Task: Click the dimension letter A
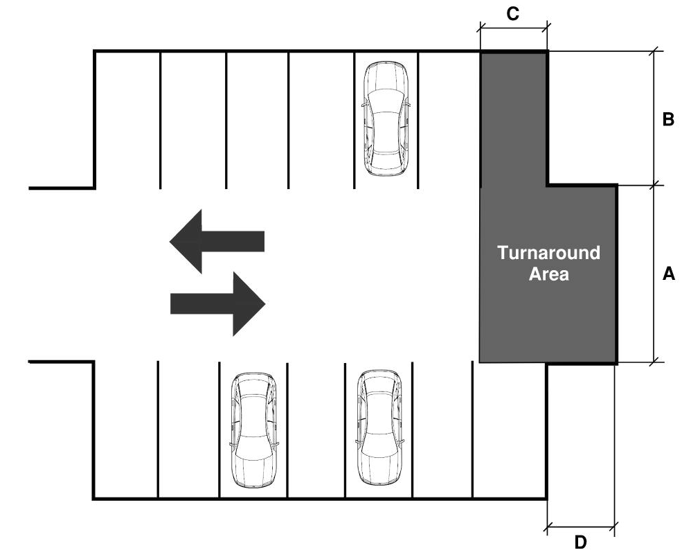668,274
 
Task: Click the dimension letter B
668,118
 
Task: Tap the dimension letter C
513,13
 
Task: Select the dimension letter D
580,542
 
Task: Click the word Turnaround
548,252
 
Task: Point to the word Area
548,274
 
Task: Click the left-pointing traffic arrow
217,241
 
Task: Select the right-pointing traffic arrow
217,303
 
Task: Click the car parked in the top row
386,118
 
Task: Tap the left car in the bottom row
254,430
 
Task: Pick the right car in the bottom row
379,427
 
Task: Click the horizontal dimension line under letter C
513,28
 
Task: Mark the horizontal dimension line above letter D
581,527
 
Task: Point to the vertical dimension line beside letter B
654,118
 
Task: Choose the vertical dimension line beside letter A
654,274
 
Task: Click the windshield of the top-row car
386,100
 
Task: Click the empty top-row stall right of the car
449,120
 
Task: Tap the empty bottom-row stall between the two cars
316,430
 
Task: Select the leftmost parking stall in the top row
128,120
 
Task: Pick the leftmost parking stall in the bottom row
126,430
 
